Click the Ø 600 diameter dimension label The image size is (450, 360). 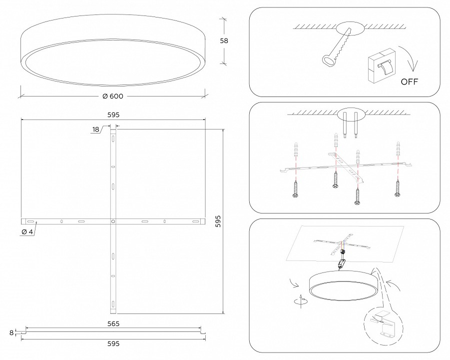pyautogui.click(x=113, y=96)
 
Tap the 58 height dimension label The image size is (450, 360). pyautogui.click(x=224, y=41)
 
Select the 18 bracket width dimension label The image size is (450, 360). pyautogui.click(x=95, y=129)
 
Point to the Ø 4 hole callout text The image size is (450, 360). pyautogui.click(x=27, y=232)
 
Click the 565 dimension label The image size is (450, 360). pyautogui.click(x=113, y=324)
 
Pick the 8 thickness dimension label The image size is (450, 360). pyautogui.click(x=11, y=332)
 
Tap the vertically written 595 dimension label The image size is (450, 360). pyautogui.click(x=218, y=221)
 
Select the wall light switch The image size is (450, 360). pyautogui.click(x=382, y=66)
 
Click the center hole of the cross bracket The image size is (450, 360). pyautogui.click(x=113, y=221)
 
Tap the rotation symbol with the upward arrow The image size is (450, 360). pyautogui.click(x=301, y=301)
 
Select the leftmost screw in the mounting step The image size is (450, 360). pyautogui.click(x=295, y=189)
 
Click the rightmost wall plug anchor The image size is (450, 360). pyautogui.click(x=398, y=149)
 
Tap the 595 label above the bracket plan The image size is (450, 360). pyautogui.click(x=113, y=115)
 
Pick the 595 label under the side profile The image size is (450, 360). pyautogui.click(x=113, y=343)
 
